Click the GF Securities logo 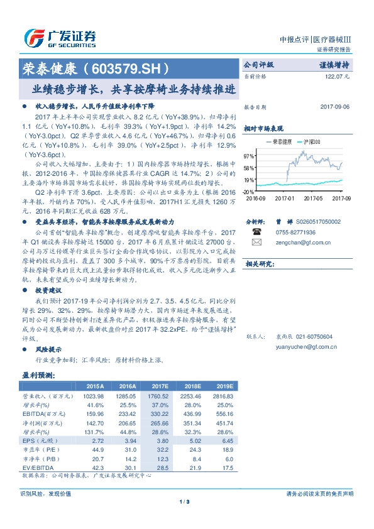(x=60, y=38)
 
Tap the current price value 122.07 (x=338, y=75)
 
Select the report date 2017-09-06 (x=336, y=106)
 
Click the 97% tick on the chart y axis (x=250, y=155)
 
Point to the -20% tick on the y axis (x=249, y=191)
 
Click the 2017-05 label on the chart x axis (x=312, y=197)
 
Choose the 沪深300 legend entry (x=311, y=143)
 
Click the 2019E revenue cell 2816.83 (x=222, y=396)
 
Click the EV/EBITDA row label (x=38, y=468)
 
